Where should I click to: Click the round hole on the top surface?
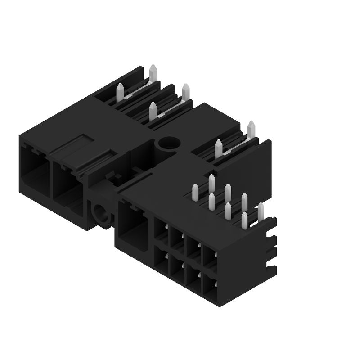[169, 144]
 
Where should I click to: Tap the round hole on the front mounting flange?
[99, 212]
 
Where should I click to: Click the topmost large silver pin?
[153, 73]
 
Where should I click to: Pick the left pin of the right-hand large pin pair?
[219, 148]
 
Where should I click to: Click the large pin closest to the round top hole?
[153, 110]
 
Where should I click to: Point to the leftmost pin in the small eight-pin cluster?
[195, 193]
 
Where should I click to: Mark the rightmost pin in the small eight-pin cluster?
[260, 212]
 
